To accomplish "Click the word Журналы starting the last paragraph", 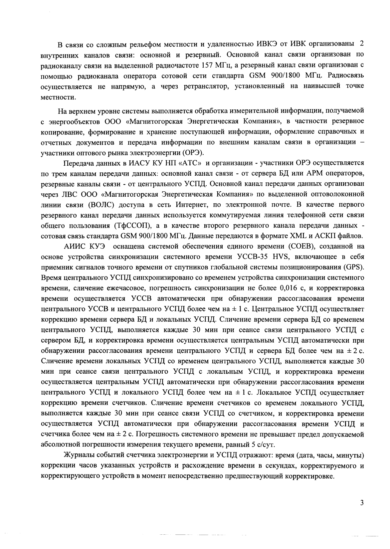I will [x=79, y=455].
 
